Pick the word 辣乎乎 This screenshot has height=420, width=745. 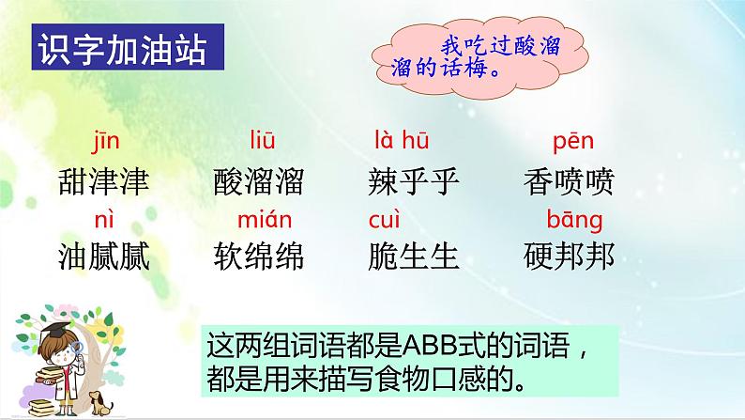[x=416, y=181]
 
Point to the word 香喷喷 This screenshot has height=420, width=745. [x=570, y=181]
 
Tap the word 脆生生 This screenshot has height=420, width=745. [x=416, y=256]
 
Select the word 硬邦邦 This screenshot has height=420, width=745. [x=570, y=256]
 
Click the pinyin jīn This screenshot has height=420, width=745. [x=104, y=143]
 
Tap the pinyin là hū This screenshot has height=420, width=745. [x=402, y=142]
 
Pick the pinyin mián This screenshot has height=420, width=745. [x=265, y=220]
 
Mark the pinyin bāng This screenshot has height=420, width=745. [x=574, y=220]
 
